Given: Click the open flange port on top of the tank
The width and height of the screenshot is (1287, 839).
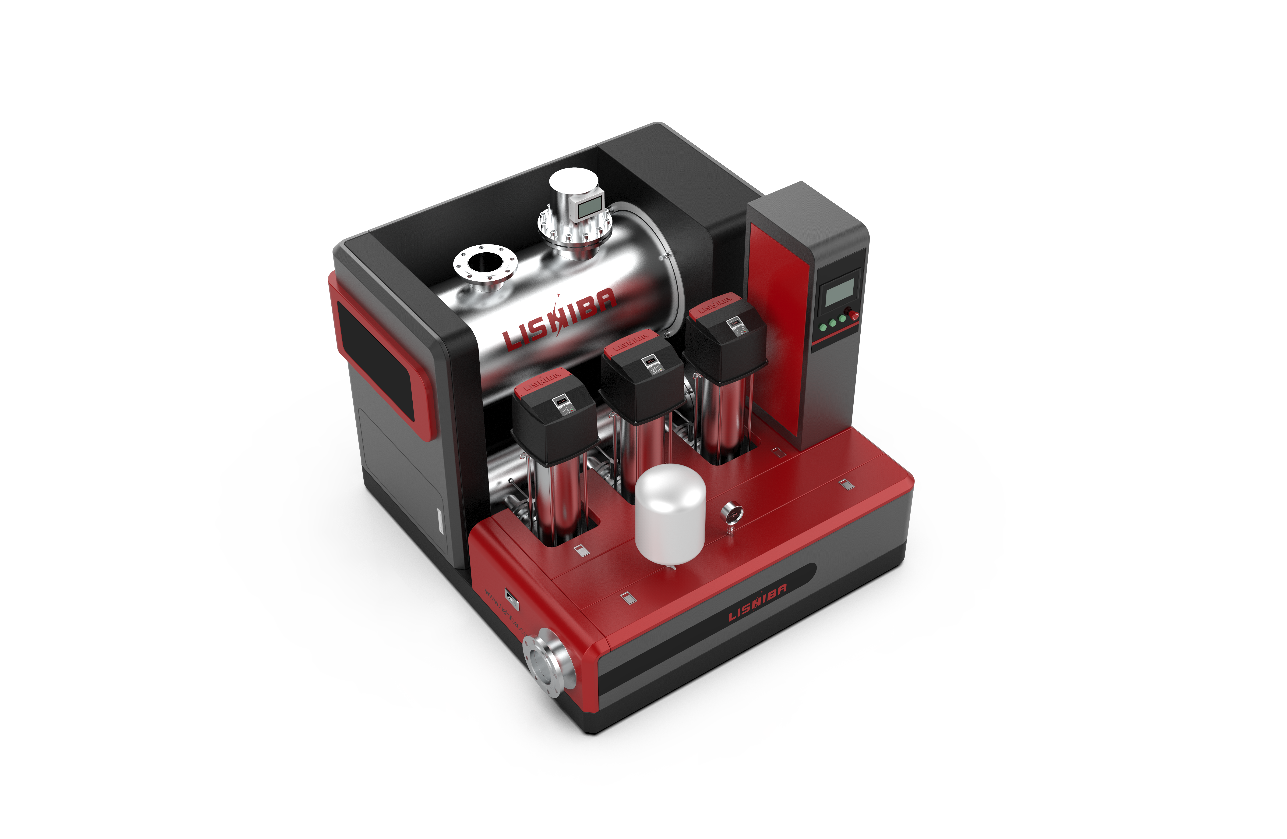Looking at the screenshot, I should tap(485, 263).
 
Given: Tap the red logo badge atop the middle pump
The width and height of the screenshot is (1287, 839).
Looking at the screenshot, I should tap(630, 341).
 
